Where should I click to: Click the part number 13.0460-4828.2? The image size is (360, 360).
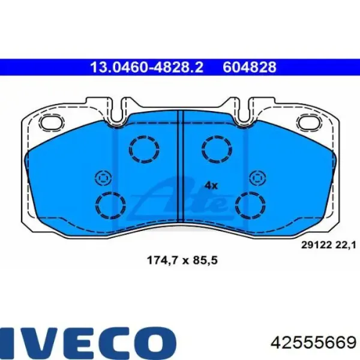click(147, 67)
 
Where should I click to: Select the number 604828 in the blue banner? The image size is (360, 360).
click(250, 67)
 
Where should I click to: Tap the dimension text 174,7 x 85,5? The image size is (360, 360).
click(182, 260)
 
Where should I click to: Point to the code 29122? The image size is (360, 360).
click(316, 245)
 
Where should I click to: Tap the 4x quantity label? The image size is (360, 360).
click(211, 185)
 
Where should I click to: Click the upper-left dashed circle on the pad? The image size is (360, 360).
click(144, 149)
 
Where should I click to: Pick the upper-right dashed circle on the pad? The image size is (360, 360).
click(217, 149)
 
